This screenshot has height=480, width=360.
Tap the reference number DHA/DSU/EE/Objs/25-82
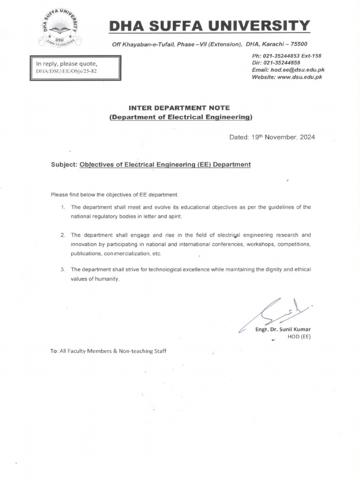tap(67, 72)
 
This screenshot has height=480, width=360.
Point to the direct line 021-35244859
tap(283, 63)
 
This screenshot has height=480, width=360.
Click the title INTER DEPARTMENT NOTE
tap(180, 108)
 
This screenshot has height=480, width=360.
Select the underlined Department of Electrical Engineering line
tap(180, 117)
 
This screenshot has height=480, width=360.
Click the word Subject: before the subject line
tap(64, 165)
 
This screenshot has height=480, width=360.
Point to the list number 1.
tap(63, 207)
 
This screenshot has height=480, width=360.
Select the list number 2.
tap(63, 234)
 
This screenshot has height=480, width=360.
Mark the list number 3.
tap(63, 270)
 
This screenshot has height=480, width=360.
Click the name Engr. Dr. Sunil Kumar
tap(283, 329)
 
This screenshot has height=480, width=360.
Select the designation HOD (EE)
tap(299, 337)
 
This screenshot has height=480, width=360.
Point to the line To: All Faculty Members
tap(108, 351)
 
